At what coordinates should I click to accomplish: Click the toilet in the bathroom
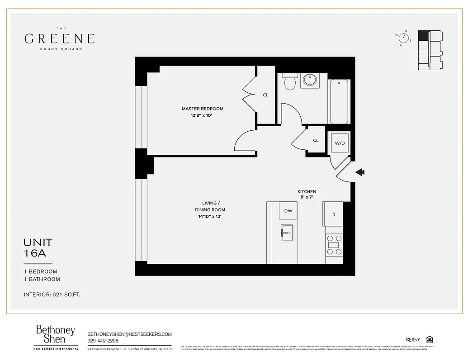click(289, 82)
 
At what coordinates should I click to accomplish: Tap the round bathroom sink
click(309, 81)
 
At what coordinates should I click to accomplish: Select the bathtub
click(339, 101)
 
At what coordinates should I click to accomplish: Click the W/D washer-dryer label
click(340, 143)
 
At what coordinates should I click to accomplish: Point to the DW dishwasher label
click(288, 211)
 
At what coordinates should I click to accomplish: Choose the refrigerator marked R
click(334, 215)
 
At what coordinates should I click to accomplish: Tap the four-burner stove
click(335, 245)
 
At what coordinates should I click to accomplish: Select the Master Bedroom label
click(202, 109)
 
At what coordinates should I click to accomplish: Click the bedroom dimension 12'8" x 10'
click(201, 115)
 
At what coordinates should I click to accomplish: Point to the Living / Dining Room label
click(210, 206)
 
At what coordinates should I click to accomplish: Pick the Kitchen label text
click(307, 192)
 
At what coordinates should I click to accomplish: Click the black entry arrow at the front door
click(360, 172)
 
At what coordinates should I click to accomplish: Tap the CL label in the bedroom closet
click(265, 95)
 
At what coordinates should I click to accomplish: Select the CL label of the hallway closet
click(316, 140)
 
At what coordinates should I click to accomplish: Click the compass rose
click(403, 38)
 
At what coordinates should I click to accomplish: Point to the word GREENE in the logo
click(59, 38)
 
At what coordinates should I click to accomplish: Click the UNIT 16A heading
click(38, 248)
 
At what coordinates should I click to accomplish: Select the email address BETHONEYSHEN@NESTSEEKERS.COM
click(129, 334)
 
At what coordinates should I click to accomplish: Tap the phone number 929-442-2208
click(103, 341)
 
